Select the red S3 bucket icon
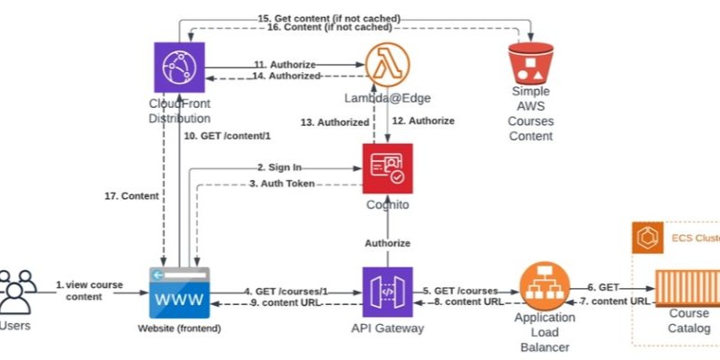(x=529, y=64)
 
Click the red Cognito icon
(x=387, y=168)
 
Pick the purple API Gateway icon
(x=387, y=292)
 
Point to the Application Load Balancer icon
(x=544, y=283)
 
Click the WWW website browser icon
(x=178, y=292)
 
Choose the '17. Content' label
(x=131, y=195)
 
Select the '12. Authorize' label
(x=423, y=121)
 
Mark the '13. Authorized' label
(x=334, y=121)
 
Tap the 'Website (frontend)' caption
(x=178, y=328)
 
